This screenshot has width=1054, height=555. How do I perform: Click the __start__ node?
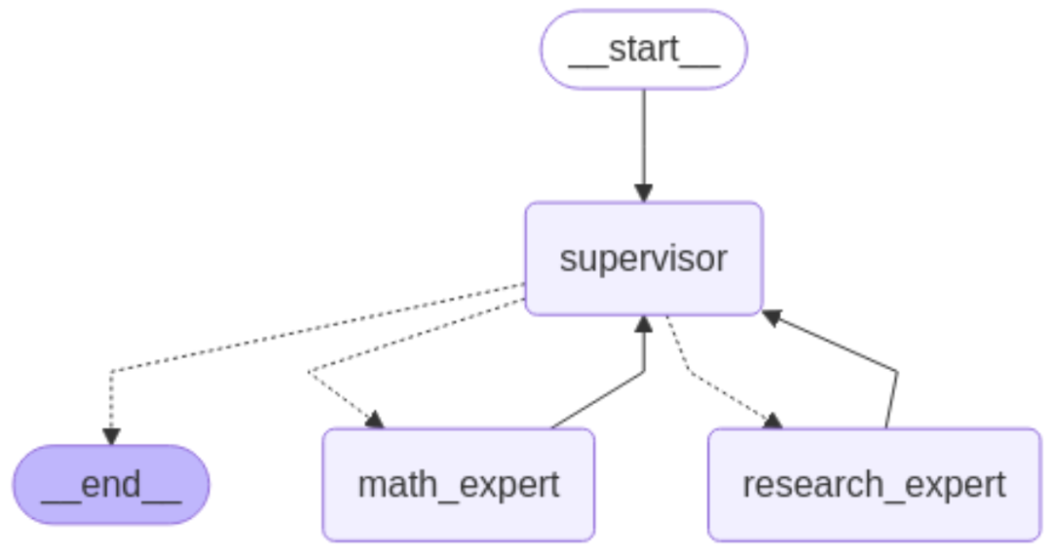[x=643, y=50]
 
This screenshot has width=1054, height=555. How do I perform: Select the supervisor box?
[x=643, y=258]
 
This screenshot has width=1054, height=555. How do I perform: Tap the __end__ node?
[x=110, y=485]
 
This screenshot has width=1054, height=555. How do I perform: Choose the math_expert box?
[x=458, y=485]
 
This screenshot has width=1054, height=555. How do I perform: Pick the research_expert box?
[x=873, y=485]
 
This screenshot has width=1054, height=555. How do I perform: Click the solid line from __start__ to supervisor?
[x=643, y=137]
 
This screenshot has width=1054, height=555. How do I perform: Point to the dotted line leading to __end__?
[x=293, y=332]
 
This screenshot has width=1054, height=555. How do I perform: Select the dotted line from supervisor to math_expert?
[x=410, y=337]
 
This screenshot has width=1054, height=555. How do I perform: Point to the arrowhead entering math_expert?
[x=376, y=420]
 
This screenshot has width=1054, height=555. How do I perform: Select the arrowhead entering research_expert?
[x=773, y=420]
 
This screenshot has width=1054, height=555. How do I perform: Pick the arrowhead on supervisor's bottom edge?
[x=643, y=325]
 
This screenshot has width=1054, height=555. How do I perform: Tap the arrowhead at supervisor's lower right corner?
[x=771, y=316]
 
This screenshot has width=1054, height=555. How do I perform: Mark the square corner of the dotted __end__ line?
[x=111, y=372]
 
